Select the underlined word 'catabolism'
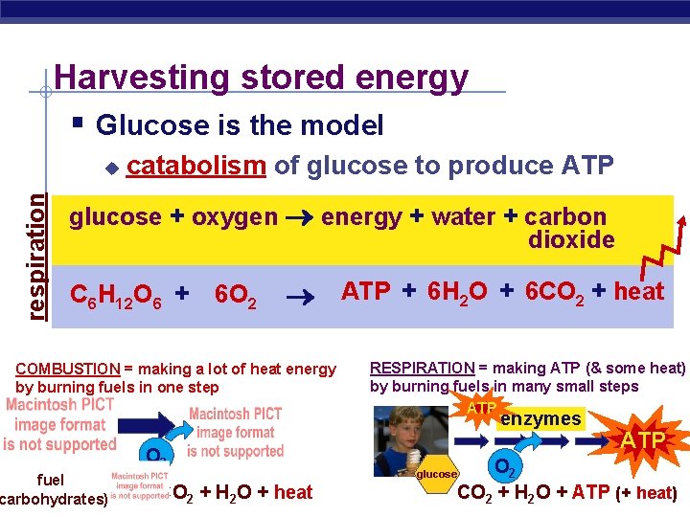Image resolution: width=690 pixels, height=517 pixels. click(195, 166)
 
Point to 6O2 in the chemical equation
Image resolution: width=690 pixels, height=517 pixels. click(235, 294)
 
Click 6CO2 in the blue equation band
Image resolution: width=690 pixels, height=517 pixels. click(551, 292)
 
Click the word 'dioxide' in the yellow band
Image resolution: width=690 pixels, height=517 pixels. click(571, 240)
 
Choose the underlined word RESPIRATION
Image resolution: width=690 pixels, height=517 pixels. click(422, 368)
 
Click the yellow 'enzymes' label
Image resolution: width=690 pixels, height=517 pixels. click(540, 419)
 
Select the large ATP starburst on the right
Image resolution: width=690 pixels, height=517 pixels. click(642, 440)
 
